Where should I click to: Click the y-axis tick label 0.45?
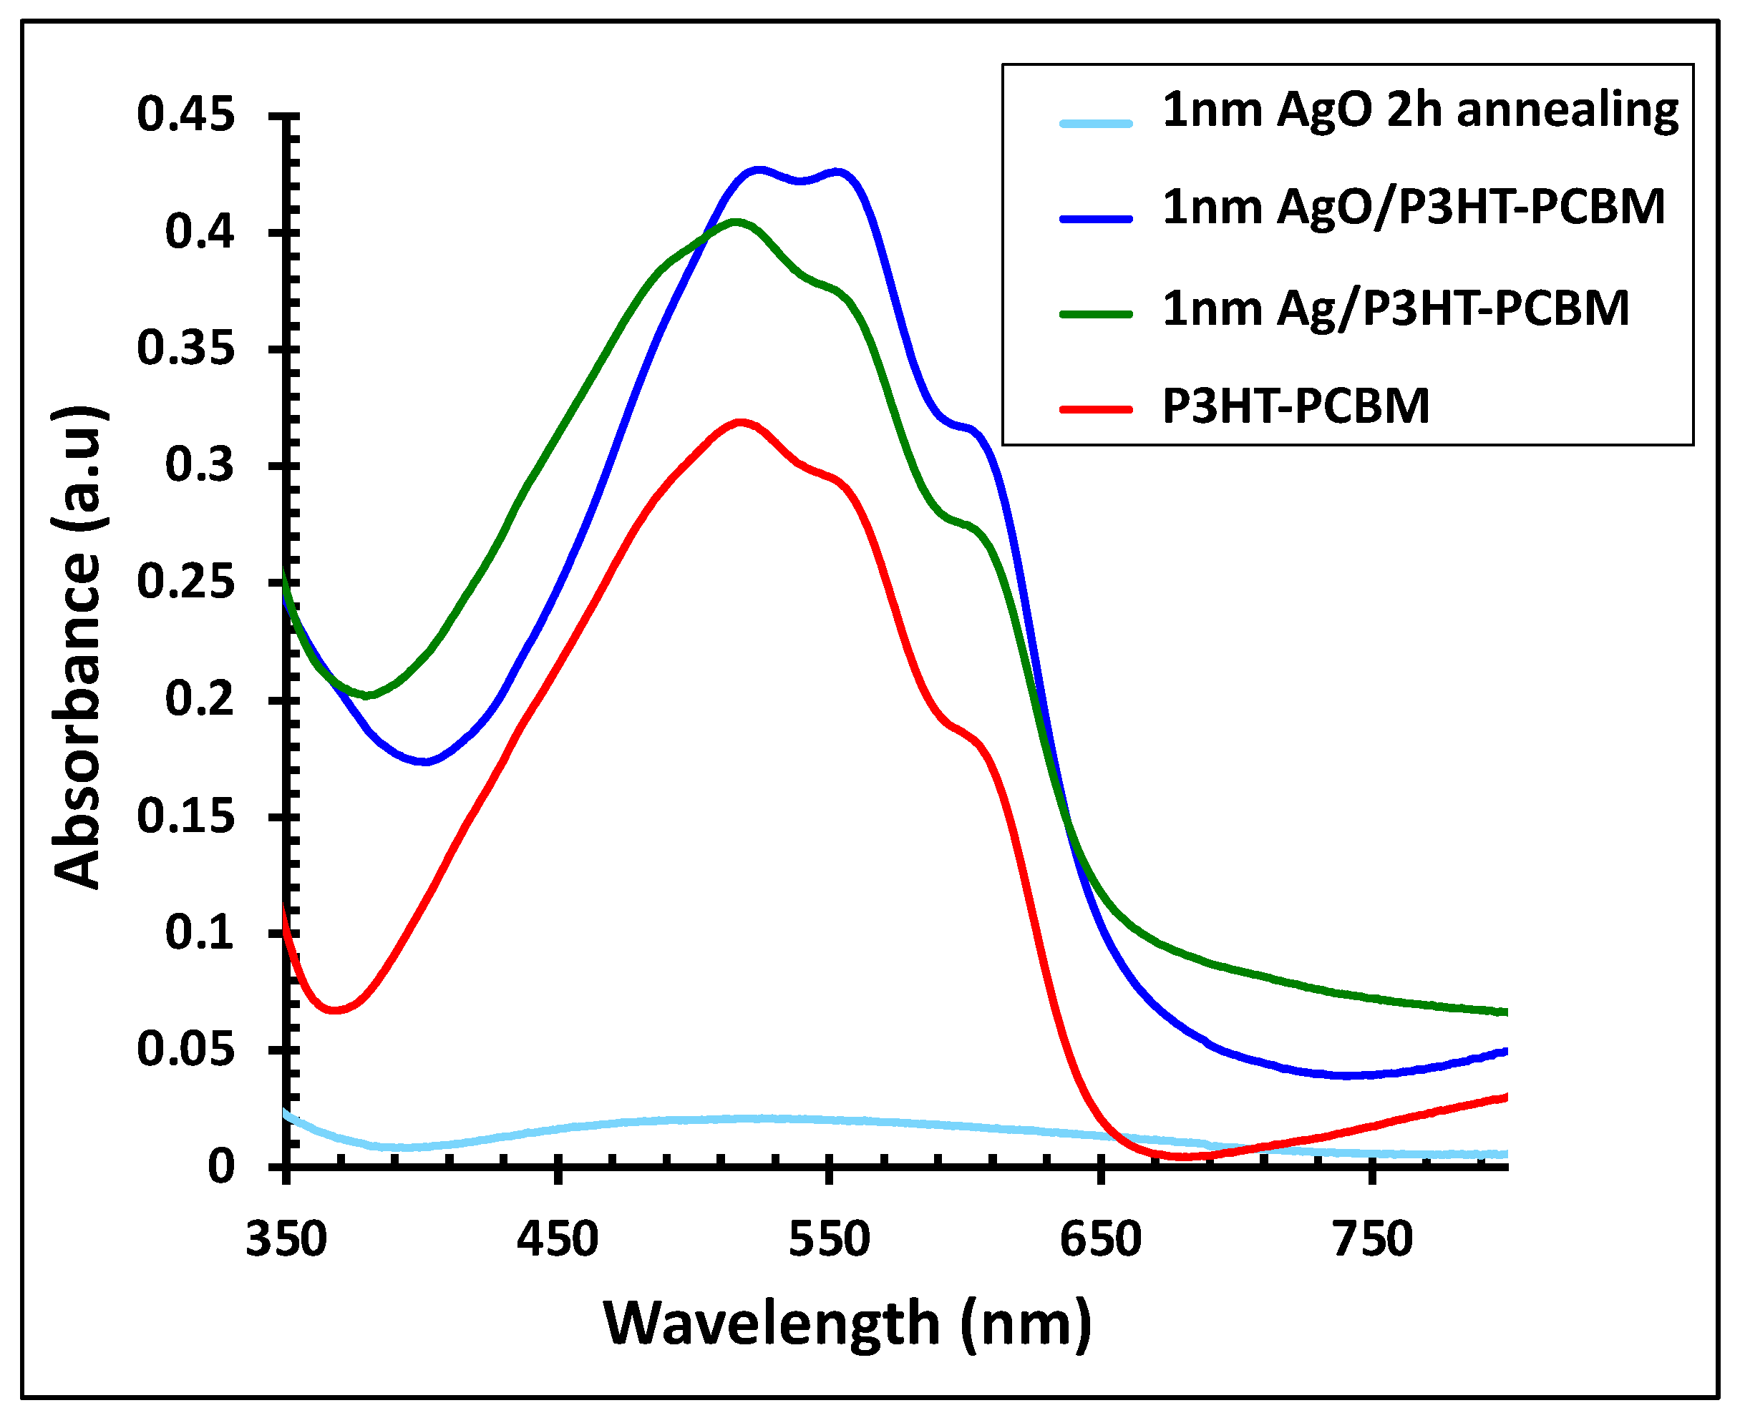(x=185, y=114)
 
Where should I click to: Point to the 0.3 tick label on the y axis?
(x=200, y=466)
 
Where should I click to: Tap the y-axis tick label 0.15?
(x=185, y=816)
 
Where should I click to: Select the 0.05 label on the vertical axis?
(x=185, y=1050)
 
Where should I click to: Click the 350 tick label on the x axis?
(x=286, y=1239)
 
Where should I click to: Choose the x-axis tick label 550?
(x=829, y=1239)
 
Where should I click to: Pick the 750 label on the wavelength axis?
(x=1372, y=1239)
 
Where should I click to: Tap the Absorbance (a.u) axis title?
(x=77, y=647)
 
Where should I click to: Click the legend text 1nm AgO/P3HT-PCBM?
(x=1414, y=207)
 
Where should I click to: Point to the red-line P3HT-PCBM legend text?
(x=1296, y=406)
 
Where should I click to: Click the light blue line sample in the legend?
(x=1096, y=123)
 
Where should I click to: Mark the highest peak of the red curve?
(x=741, y=423)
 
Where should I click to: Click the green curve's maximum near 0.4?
(x=736, y=221)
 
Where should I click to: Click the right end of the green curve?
(x=1505, y=1013)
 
